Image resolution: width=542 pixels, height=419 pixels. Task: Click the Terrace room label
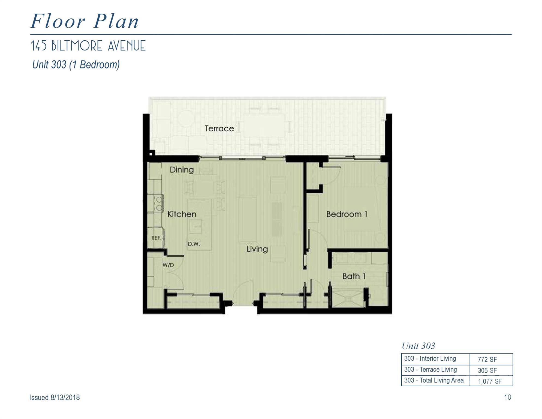click(219, 128)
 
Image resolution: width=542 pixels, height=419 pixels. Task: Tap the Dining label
click(182, 170)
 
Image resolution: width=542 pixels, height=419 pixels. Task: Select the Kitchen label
click(182, 214)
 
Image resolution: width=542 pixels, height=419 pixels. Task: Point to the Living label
click(257, 249)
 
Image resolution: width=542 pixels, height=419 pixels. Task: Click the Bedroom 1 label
click(347, 214)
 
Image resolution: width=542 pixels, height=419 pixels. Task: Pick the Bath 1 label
click(354, 276)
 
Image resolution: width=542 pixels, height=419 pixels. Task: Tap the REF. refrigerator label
click(156, 238)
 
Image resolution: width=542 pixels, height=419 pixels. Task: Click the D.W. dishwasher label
click(194, 244)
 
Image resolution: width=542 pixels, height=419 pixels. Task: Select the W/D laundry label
click(168, 265)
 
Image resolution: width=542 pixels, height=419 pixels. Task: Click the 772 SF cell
click(487, 360)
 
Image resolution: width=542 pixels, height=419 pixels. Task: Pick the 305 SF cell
click(487, 370)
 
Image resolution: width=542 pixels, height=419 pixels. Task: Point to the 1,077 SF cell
click(490, 381)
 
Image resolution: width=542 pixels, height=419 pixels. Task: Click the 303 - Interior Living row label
click(430, 358)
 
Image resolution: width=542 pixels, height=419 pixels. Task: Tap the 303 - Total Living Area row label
click(434, 380)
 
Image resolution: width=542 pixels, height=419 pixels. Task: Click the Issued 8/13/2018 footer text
click(55, 397)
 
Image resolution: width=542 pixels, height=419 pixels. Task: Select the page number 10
click(508, 397)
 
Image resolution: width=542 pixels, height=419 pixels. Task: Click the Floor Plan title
click(85, 21)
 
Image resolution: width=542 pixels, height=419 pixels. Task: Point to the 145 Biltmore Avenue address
click(88, 46)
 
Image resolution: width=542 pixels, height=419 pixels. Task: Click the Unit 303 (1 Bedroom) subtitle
click(76, 65)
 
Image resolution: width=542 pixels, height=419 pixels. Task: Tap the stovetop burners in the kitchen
click(158, 203)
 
